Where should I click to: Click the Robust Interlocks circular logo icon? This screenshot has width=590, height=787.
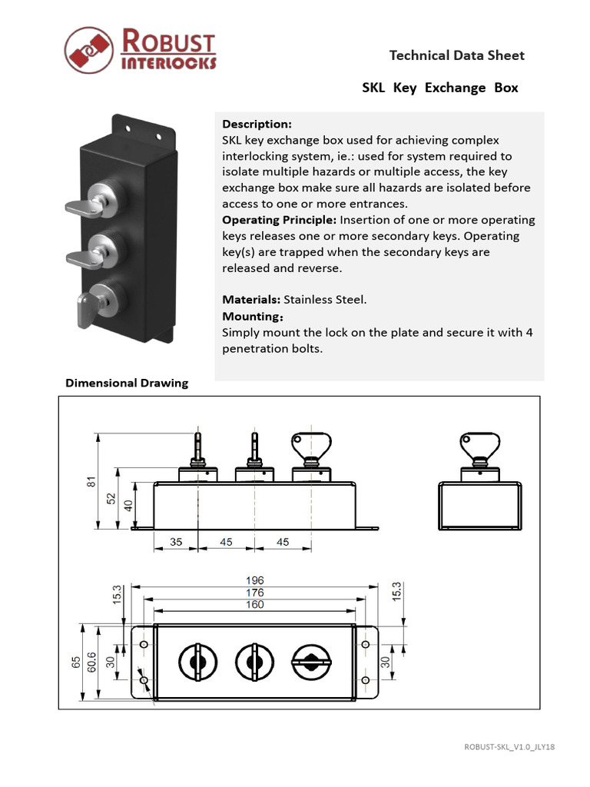tap(88, 51)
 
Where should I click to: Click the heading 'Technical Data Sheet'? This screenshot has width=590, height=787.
tap(456, 55)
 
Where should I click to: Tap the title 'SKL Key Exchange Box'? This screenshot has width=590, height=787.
tap(439, 88)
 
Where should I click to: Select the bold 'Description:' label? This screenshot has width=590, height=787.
tap(257, 124)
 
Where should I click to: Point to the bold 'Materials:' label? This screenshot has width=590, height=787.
tap(251, 300)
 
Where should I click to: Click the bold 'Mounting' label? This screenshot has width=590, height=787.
tap(250, 317)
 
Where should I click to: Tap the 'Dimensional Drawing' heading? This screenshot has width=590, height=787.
tap(127, 383)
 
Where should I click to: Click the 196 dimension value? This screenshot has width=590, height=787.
tap(254, 580)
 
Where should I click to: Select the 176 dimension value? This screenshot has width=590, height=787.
tap(254, 593)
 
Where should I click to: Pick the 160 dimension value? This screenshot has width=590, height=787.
tap(254, 605)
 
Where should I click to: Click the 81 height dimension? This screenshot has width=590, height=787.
tap(91, 482)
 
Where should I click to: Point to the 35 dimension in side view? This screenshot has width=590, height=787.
tap(176, 542)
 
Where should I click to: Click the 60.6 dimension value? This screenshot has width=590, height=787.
tap(91, 662)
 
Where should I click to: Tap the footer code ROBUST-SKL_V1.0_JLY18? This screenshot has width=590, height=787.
tap(509, 747)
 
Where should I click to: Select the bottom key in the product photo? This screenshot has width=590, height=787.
tap(85, 309)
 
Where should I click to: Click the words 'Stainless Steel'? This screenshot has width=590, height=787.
tap(325, 300)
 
